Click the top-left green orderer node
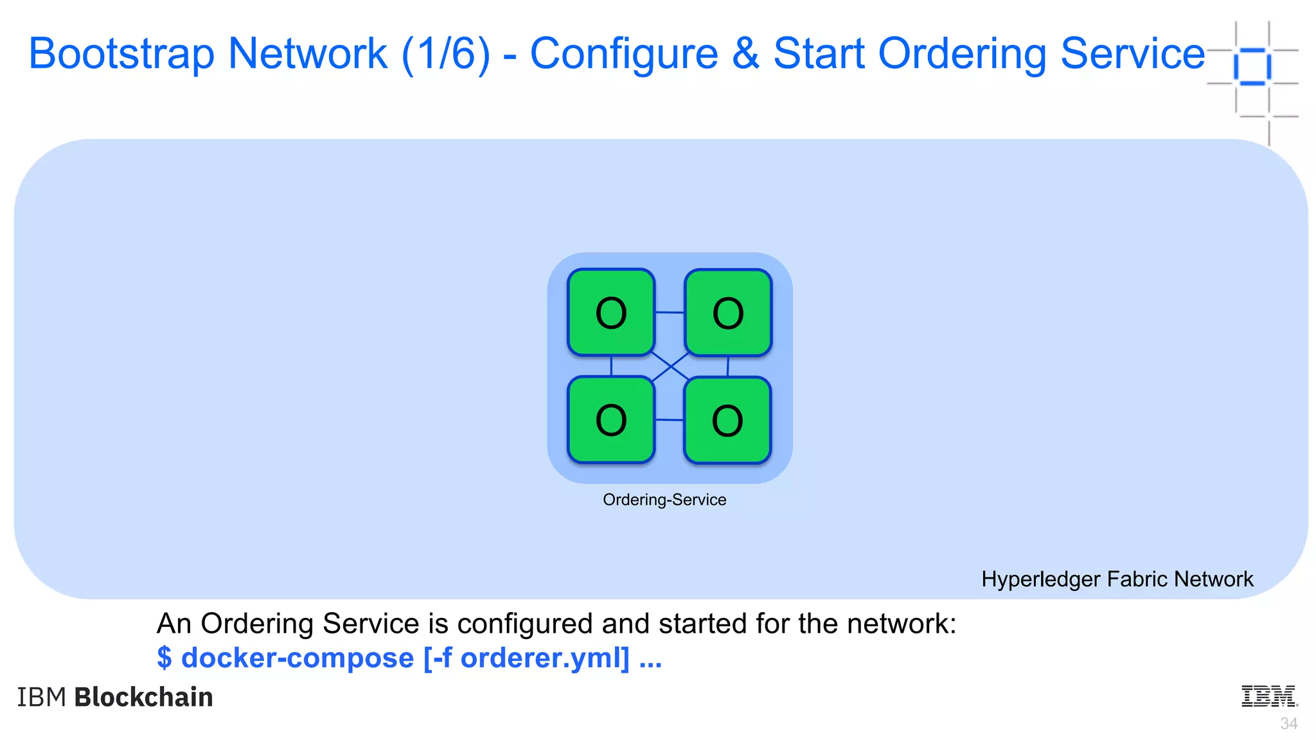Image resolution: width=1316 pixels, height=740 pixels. pyautogui.click(x=611, y=312)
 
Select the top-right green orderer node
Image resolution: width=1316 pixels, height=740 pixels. pyautogui.click(x=728, y=312)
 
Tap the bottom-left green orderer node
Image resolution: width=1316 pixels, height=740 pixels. pyautogui.click(x=611, y=419)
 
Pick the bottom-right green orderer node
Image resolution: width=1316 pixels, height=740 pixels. pyautogui.click(x=727, y=420)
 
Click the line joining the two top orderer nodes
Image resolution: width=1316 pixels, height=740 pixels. pyautogui.click(x=670, y=312)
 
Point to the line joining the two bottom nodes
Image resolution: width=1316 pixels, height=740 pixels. pyautogui.click(x=670, y=419)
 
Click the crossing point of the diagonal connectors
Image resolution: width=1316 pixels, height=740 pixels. pyautogui.click(x=670, y=367)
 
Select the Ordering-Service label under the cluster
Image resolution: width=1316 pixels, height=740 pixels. pyautogui.click(x=664, y=500)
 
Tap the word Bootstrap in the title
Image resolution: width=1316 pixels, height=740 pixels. pyautogui.click(x=121, y=53)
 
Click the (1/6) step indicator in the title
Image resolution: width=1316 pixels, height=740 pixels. pyautogui.click(x=446, y=53)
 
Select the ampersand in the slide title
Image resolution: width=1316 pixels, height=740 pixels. pyautogui.click(x=745, y=53)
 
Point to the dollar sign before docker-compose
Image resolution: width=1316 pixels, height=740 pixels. pyautogui.click(x=164, y=658)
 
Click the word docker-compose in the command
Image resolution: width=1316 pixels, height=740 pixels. pyautogui.click(x=298, y=658)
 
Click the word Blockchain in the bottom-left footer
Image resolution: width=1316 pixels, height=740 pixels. pyautogui.click(x=143, y=697)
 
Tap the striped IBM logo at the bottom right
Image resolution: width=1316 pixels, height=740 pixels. pyautogui.click(x=1269, y=696)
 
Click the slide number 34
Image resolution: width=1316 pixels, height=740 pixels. pyautogui.click(x=1288, y=724)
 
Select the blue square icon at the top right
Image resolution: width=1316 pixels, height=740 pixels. pyautogui.click(x=1252, y=66)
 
